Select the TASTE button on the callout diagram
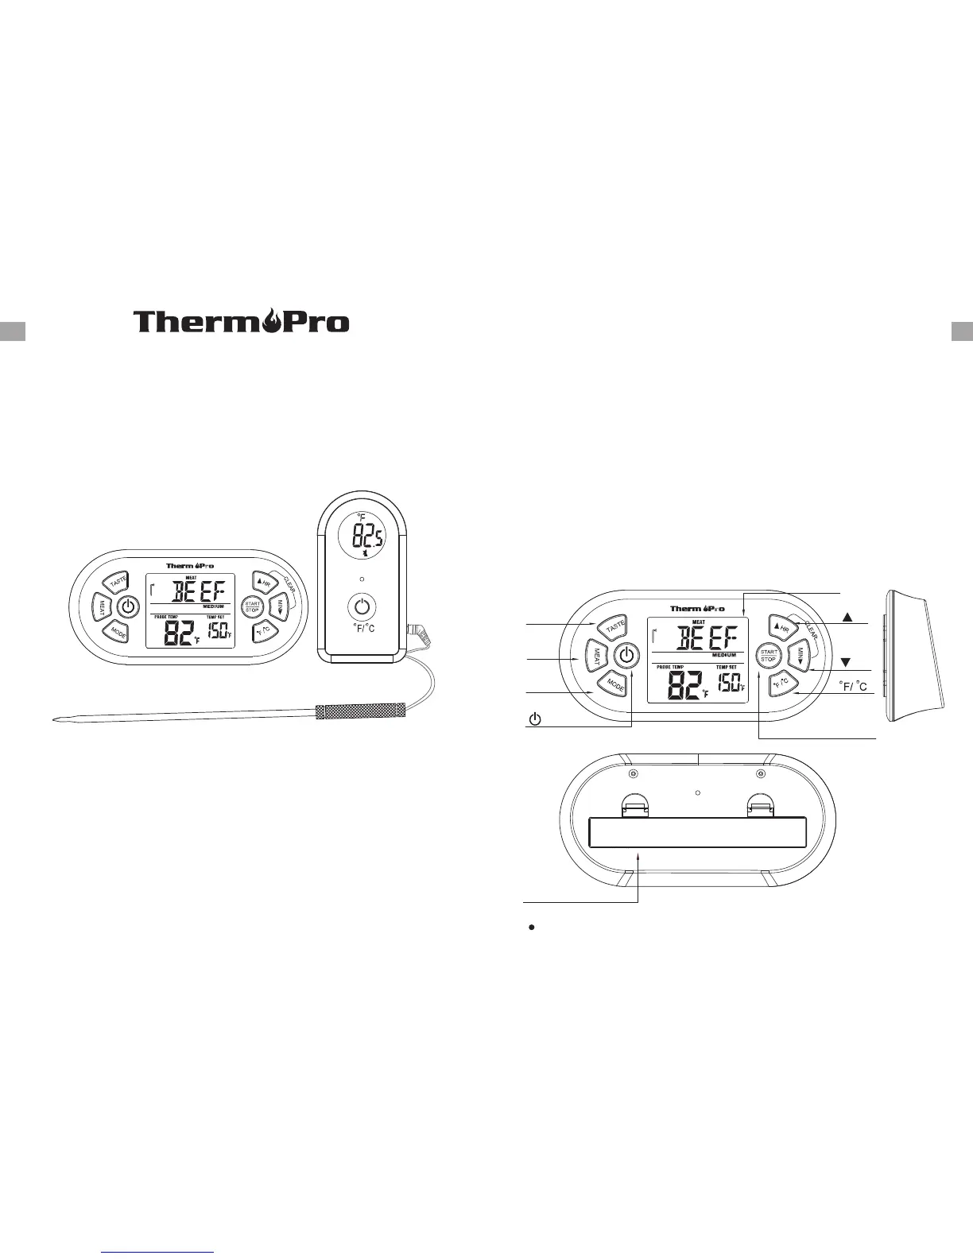[614, 626]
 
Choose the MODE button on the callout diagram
[613, 684]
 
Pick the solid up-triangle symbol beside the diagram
[848, 617]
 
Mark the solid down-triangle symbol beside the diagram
[846, 661]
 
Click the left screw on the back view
[633, 773]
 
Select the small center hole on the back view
[697, 792]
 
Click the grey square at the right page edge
[962, 331]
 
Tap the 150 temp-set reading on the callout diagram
[729, 683]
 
